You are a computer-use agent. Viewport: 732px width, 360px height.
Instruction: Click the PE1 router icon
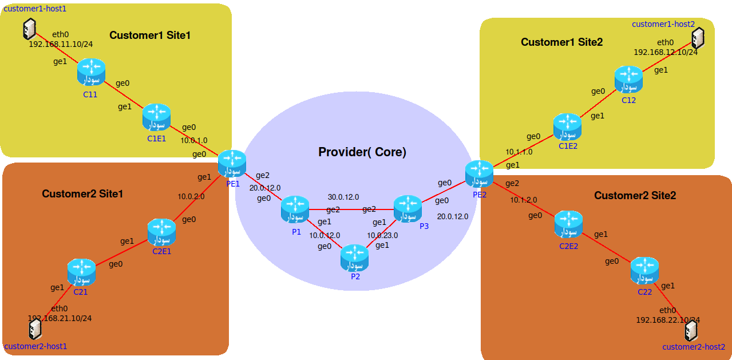(232, 164)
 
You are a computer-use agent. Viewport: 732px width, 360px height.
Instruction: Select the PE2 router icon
(479, 174)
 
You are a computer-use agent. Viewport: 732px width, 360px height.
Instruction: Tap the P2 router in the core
(354, 258)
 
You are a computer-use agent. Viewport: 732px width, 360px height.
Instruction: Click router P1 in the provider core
(295, 209)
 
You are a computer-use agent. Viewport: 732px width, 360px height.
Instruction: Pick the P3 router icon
(407, 209)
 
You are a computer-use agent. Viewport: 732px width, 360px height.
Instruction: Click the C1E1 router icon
(156, 117)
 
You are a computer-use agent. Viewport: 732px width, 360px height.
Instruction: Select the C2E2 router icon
(568, 224)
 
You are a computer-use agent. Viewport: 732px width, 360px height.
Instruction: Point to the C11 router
(92, 72)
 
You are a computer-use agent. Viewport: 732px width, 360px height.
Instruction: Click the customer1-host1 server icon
(30, 28)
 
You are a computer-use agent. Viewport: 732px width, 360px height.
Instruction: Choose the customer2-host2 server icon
(691, 331)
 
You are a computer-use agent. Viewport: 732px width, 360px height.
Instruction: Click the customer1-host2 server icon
(698, 38)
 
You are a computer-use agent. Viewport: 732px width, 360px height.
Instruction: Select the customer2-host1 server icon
(35, 329)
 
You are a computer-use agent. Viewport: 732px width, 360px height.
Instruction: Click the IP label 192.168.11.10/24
(61, 43)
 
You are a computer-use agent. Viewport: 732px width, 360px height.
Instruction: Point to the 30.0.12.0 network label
(343, 197)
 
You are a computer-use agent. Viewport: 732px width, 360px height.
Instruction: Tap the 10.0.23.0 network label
(382, 235)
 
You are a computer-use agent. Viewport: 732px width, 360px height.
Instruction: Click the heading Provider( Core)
(362, 152)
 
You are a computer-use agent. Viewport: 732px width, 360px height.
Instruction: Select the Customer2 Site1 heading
(82, 194)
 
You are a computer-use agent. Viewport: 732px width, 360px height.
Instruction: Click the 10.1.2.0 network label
(524, 200)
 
